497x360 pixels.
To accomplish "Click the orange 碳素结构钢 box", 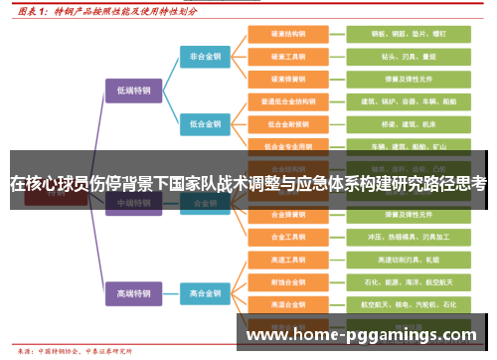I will coord(286,34).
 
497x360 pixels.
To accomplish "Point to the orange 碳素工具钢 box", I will coord(286,57).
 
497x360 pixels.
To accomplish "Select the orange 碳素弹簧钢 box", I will coord(286,79).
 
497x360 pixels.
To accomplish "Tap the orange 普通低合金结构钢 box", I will coord(286,101).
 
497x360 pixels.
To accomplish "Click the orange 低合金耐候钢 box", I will coord(286,124).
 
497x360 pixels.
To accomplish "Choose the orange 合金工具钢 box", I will coord(286,237).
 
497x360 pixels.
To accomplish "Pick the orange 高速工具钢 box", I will coord(286,260).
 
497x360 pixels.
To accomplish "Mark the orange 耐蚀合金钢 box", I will coord(286,281).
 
